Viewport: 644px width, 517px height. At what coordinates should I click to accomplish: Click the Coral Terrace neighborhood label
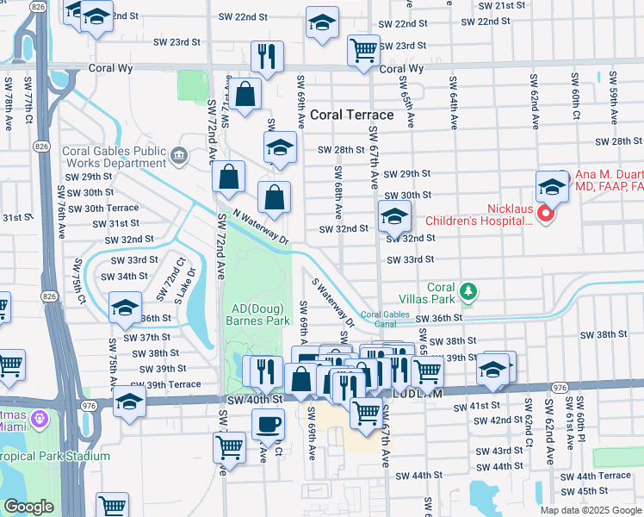click(351, 115)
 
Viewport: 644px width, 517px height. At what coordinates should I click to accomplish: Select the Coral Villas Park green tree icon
click(468, 293)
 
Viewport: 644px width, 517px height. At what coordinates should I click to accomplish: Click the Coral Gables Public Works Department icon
click(178, 156)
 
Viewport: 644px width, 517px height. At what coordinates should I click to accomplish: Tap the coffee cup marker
click(267, 424)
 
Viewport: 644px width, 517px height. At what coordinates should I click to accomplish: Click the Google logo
click(28, 508)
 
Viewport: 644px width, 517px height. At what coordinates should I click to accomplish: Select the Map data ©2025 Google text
click(591, 510)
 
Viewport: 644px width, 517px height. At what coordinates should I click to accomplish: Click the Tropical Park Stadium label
click(55, 456)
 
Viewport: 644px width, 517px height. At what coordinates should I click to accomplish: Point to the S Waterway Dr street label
click(332, 302)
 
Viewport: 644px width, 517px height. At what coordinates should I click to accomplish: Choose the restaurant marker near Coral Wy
click(267, 57)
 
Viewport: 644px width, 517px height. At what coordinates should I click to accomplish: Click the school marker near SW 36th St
click(125, 307)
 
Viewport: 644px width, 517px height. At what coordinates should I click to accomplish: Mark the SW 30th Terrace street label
click(102, 208)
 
